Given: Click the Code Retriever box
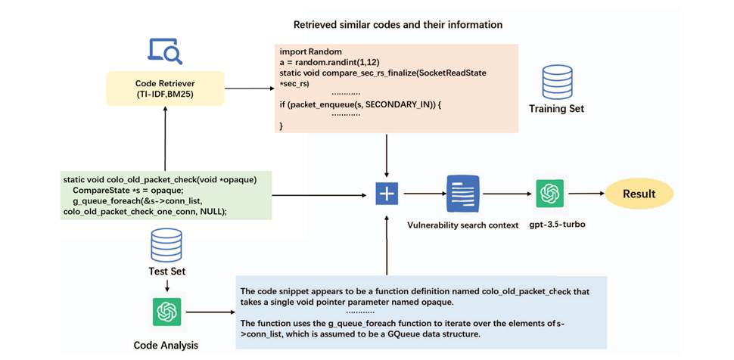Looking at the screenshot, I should (165, 88).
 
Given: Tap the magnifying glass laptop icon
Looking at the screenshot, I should (164, 50).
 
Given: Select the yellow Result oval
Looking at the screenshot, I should (639, 194).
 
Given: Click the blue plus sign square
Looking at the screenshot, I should (387, 194).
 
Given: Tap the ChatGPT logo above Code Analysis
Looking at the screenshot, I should (164, 312).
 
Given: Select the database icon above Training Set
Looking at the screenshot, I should (556, 82).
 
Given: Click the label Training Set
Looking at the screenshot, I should (556, 109).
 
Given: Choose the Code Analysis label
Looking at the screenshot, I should (165, 345).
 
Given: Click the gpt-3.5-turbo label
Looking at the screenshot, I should (551, 225).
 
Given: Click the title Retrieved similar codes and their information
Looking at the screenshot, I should (398, 25).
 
